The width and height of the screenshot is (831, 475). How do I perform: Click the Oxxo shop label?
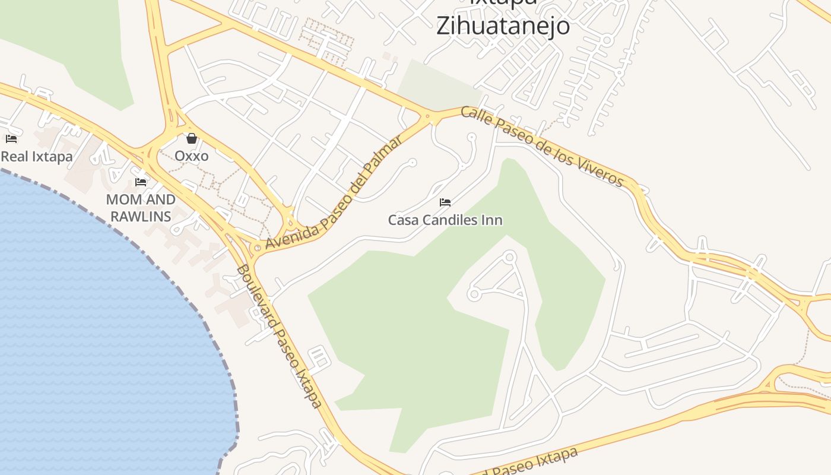coord(191,156)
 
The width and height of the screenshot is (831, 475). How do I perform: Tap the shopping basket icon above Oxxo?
coord(191,139)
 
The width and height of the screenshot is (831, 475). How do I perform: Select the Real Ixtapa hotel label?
coord(37,157)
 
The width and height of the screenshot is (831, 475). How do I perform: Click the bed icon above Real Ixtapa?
coord(11,139)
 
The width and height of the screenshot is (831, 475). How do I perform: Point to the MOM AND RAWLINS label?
coord(141,208)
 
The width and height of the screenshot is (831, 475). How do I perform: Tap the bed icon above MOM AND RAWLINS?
coord(141,182)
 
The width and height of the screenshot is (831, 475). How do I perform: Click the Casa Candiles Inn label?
coord(445,220)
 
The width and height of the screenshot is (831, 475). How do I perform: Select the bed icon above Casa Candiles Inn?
coord(445,202)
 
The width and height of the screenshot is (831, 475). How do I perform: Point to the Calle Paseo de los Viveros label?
coord(542,146)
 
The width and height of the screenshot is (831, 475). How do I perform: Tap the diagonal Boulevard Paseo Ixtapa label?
coord(279,337)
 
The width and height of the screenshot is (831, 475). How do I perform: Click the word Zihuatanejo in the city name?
coord(503,26)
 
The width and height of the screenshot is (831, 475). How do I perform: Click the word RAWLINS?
coord(141,216)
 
